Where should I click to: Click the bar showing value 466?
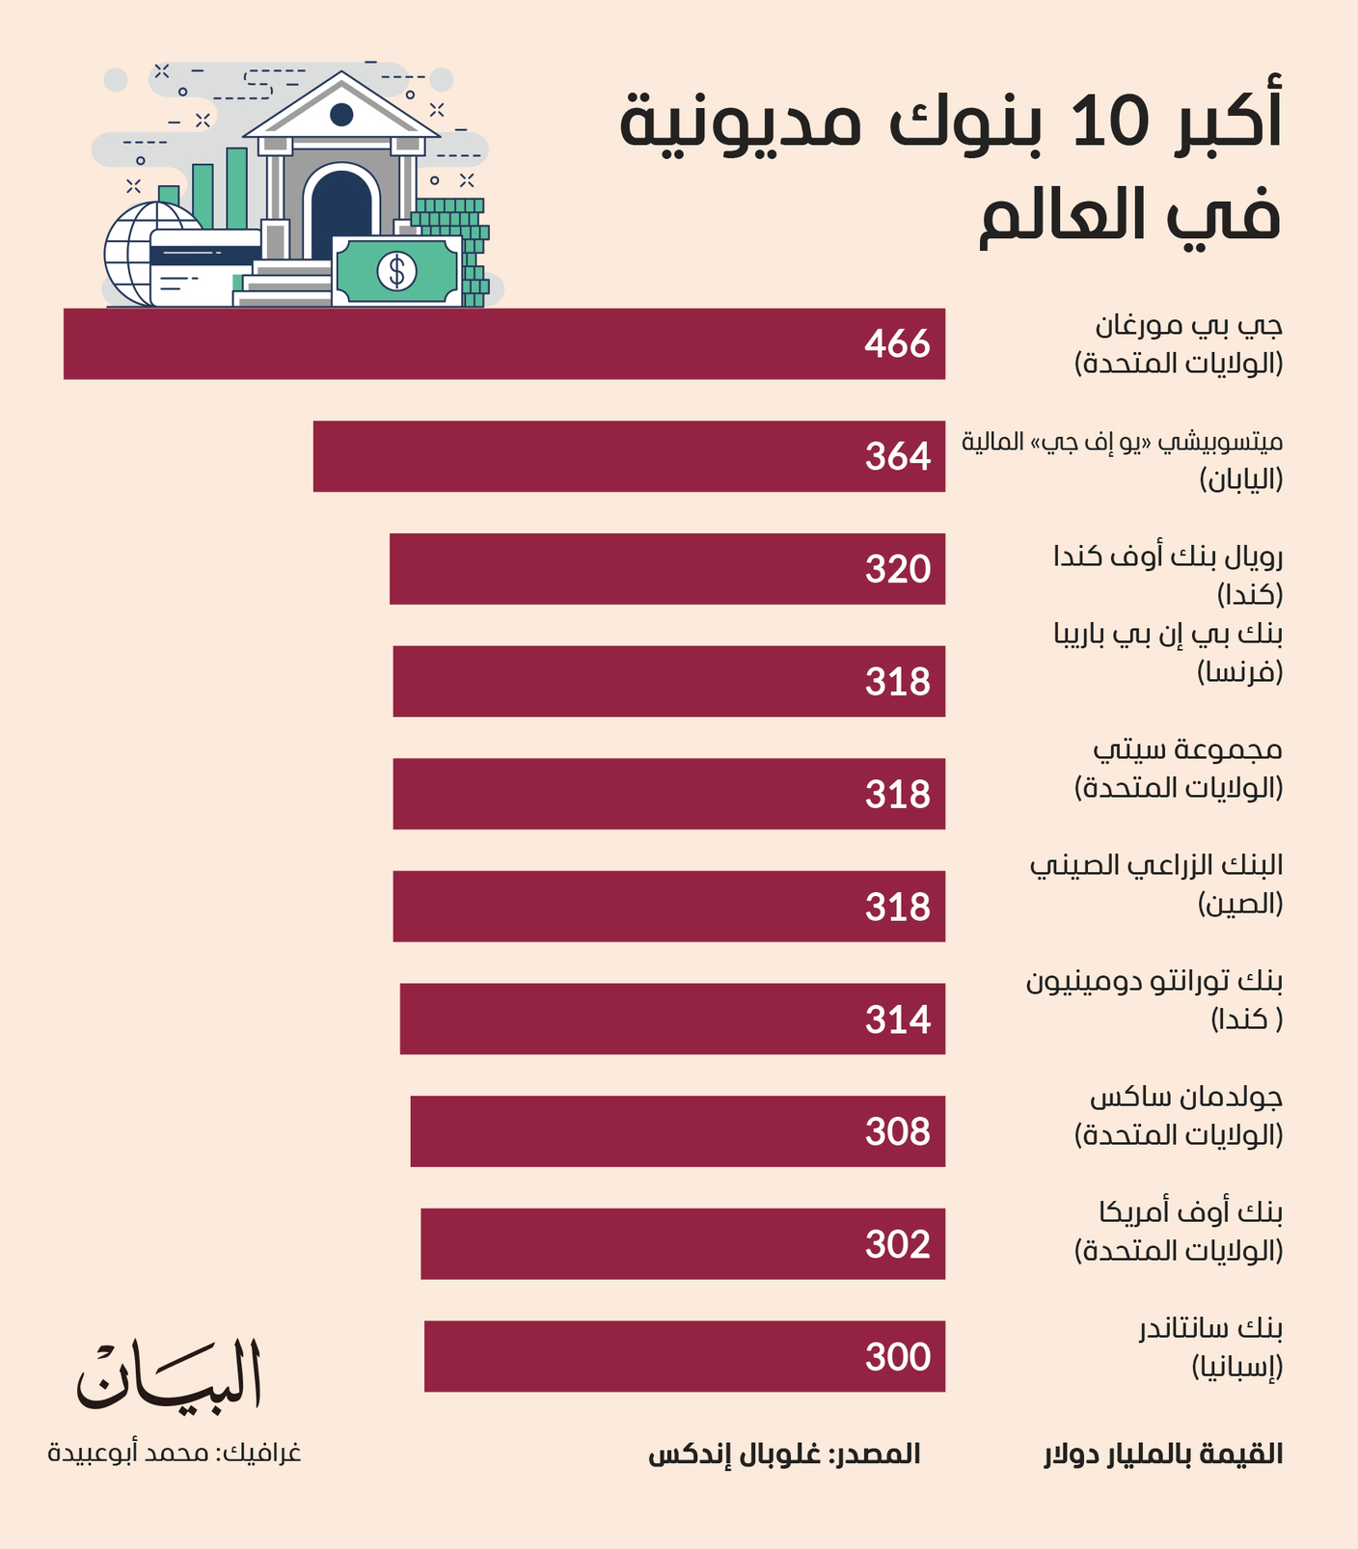pos(504,343)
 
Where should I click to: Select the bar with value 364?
pos(629,456)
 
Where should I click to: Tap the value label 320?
pos(898,569)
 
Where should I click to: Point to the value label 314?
pos(898,1019)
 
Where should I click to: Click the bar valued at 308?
pos(678,1131)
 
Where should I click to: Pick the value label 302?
pos(898,1244)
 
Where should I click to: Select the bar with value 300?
pos(685,1356)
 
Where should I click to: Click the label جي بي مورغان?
pos(1189,326)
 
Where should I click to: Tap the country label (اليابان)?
pos(1241,479)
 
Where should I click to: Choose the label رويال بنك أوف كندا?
pos(1168,557)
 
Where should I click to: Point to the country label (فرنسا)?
pos(1240,672)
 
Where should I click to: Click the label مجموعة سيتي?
pos(1188,749)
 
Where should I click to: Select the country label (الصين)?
pos(1241,904)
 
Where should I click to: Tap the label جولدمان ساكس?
pos(1186,1097)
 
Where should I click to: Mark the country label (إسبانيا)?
pos(1237,1367)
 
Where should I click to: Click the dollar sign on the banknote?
pos(396,271)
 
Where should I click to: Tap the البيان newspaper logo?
pos(170,1376)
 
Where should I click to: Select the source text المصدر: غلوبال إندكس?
pos(784,1454)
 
